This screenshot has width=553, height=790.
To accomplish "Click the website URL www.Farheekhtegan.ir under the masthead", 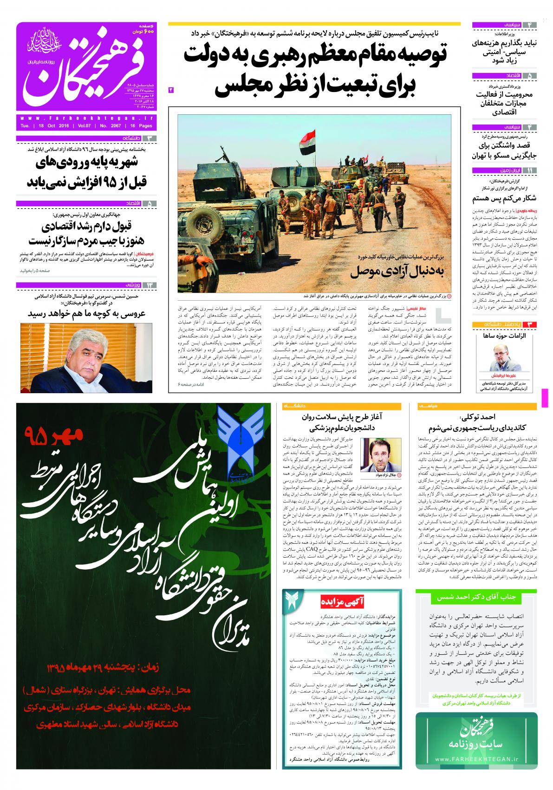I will tap(86, 118).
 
